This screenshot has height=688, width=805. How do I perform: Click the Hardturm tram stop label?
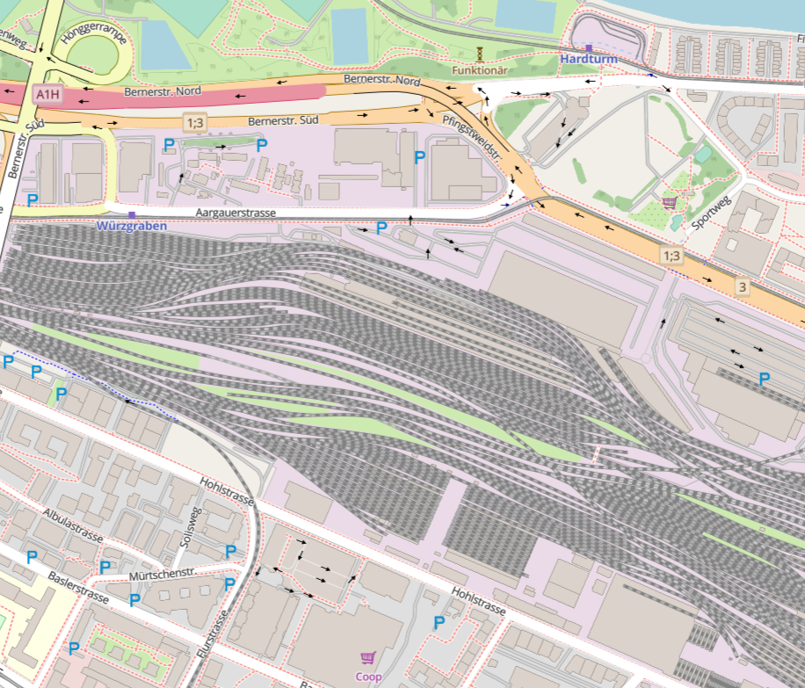coord(589,59)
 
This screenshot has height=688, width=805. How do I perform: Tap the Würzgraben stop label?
coord(131,226)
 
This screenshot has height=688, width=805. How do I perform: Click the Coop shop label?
coord(368,677)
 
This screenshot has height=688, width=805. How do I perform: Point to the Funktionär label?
coord(480,69)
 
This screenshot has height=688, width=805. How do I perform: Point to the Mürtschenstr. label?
coord(162,576)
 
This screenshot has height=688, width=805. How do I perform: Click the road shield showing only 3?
coord(743,287)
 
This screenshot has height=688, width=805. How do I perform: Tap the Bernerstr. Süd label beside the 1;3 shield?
coord(281,120)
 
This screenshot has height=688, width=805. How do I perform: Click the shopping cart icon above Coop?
coord(368,657)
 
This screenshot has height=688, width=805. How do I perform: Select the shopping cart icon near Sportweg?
coord(669,201)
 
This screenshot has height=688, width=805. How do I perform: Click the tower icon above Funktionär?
coord(480,53)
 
